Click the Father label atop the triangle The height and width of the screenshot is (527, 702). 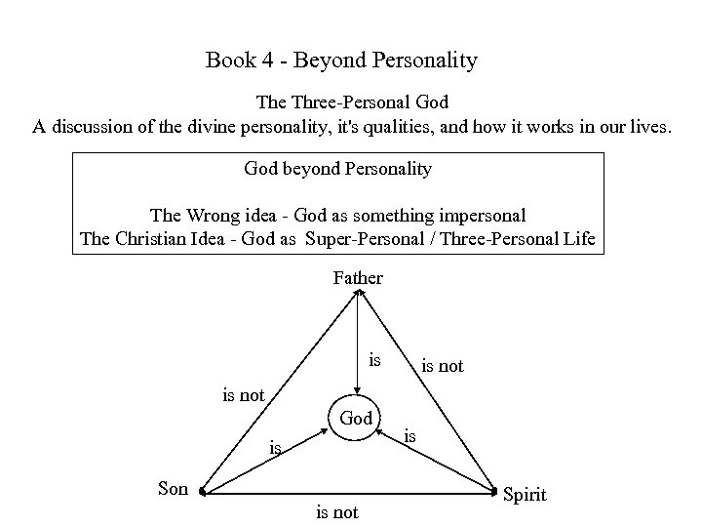click(358, 278)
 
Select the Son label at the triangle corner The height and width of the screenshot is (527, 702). click(173, 488)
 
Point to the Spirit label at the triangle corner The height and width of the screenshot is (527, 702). click(525, 495)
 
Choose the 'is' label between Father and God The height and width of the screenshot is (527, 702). click(375, 360)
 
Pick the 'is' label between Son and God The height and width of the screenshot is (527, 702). click(275, 448)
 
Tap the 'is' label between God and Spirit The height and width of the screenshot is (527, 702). click(410, 436)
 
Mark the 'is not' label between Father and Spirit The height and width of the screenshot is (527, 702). click(442, 366)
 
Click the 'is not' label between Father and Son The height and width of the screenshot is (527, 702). click(244, 394)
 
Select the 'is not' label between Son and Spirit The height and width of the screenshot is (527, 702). click(336, 511)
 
